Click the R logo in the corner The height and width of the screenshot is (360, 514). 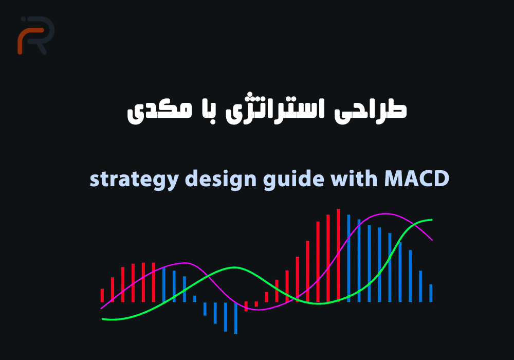click(36, 35)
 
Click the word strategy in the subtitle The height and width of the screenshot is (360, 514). click(134, 179)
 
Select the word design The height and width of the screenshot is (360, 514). click(221, 179)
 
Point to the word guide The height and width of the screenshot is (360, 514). click(293, 179)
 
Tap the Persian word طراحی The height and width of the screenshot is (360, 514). click(371, 110)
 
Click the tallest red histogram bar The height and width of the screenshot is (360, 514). click(338, 255)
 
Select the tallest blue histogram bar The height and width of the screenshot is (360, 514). click(348, 258)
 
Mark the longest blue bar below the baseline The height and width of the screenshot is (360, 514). click(235, 318)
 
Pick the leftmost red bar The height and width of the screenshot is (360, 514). click(102, 295)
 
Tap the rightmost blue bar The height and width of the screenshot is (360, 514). click(431, 293)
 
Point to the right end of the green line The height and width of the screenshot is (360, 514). click(432, 220)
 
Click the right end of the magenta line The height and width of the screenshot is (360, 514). click(432, 240)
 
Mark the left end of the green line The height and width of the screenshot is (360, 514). click(102, 319)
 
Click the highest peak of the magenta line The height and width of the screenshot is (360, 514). click(385, 214)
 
